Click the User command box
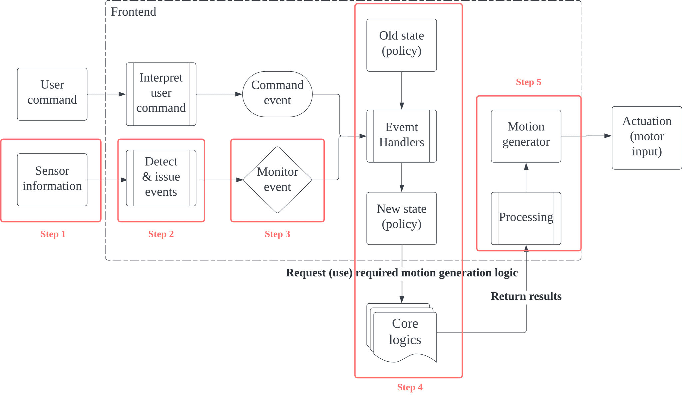[x=52, y=94]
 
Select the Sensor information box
[x=52, y=180]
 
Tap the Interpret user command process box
[x=161, y=94]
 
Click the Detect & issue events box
[x=161, y=178]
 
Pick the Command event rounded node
[x=277, y=94]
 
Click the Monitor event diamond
[x=277, y=180]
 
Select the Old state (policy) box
[x=402, y=45]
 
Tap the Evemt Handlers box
[x=402, y=136]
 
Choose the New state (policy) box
[x=402, y=218]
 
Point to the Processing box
[x=526, y=218]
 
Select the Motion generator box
[x=526, y=136]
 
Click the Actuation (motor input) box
[x=647, y=138]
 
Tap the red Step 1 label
[x=53, y=234]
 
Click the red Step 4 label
[x=410, y=387]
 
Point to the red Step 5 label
[x=528, y=82]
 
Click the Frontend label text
[x=134, y=12]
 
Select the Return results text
[x=526, y=296]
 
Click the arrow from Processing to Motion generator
[x=526, y=177]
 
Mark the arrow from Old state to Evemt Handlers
[x=402, y=90]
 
